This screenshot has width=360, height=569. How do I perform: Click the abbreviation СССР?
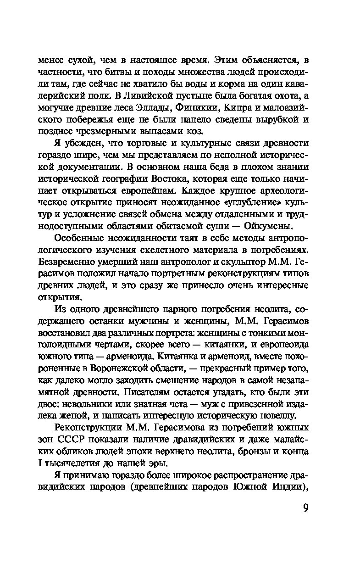pyautogui.click(x=86, y=439)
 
